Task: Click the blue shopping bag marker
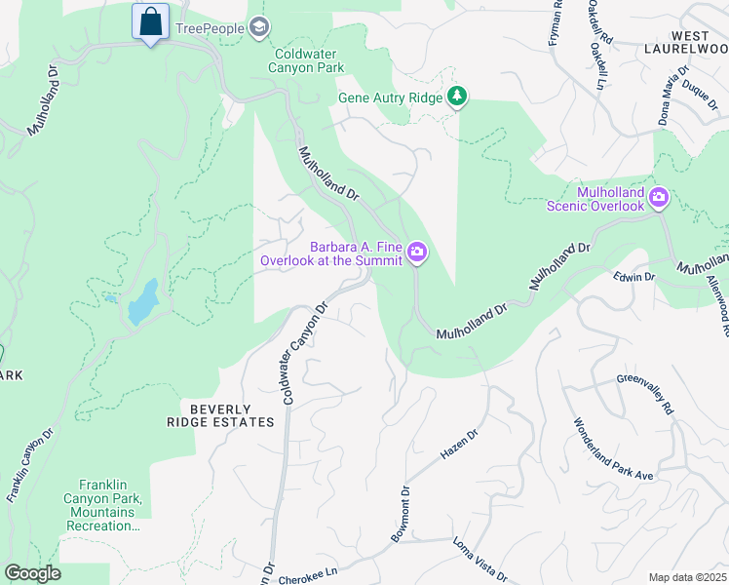(x=151, y=21)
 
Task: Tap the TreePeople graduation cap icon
(x=258, y=27)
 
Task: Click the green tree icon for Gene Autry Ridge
(x=456, y=96)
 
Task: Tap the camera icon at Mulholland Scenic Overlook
(x=659, y=198)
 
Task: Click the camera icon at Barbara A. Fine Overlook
(x=417, y=253)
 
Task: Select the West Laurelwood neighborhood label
(x=685, y=40)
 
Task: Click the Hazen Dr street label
(x=459, y=447)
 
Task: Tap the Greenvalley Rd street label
(x=645, y=395)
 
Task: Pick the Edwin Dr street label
(x=634, y=278)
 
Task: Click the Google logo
(x=32, y=573)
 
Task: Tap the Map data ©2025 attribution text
(x=686, y=577)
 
